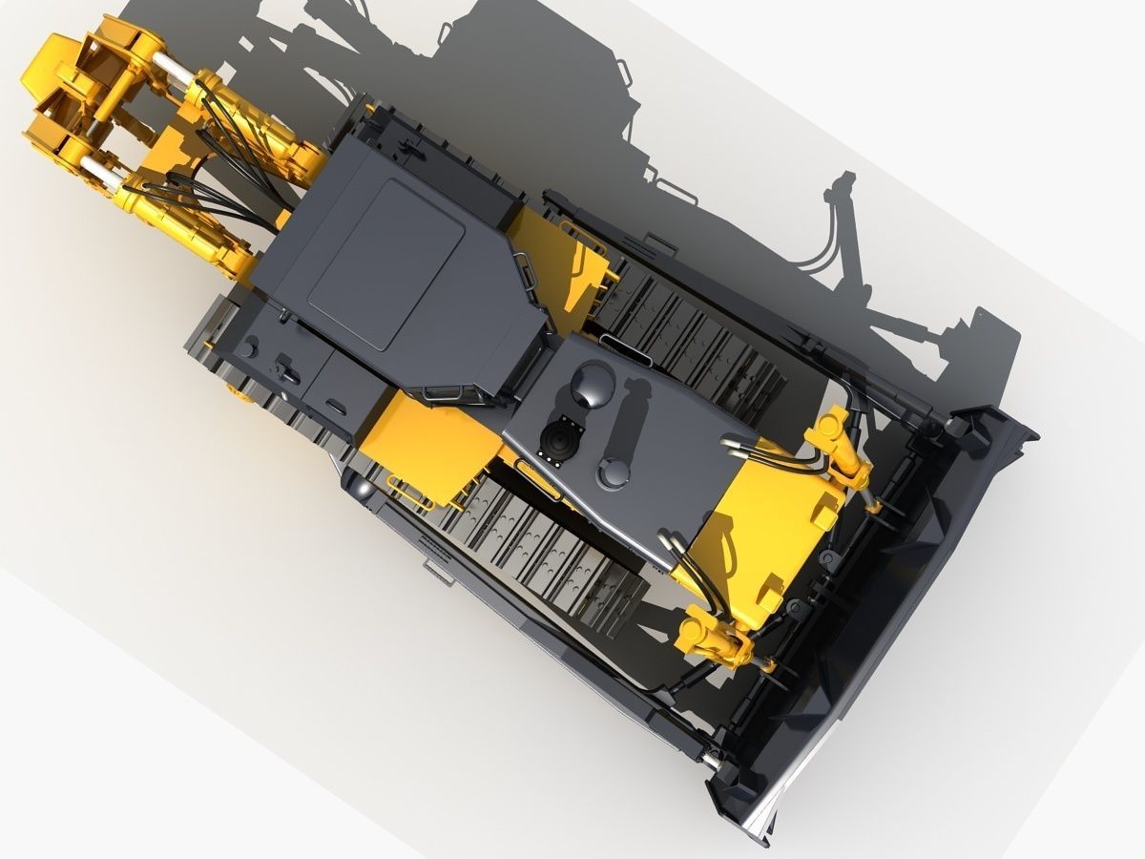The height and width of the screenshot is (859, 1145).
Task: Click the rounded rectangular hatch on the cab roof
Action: pos(386,263)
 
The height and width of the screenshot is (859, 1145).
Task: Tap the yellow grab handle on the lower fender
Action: pos(410,496)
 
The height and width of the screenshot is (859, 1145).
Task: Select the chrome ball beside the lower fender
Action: pos(362,489)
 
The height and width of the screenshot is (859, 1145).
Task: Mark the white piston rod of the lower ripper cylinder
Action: pos(101,172)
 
